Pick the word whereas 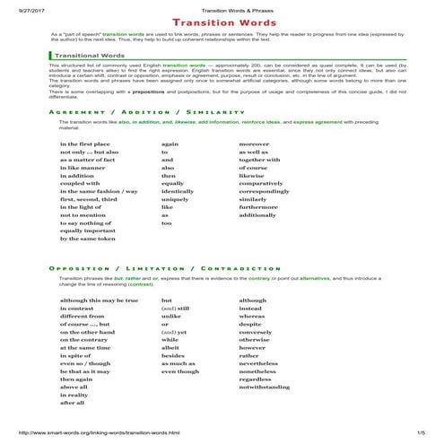[253, 318]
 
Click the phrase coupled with [83, 184]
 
